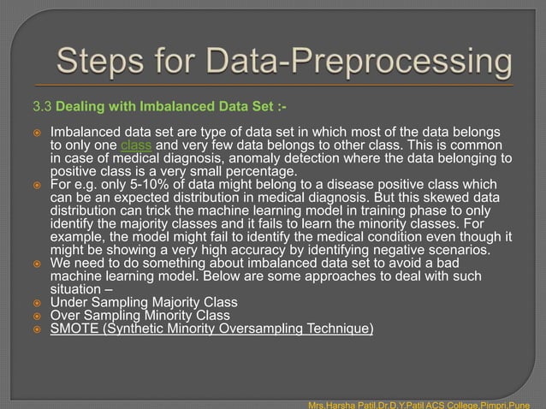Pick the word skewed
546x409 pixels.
point(436,198)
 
